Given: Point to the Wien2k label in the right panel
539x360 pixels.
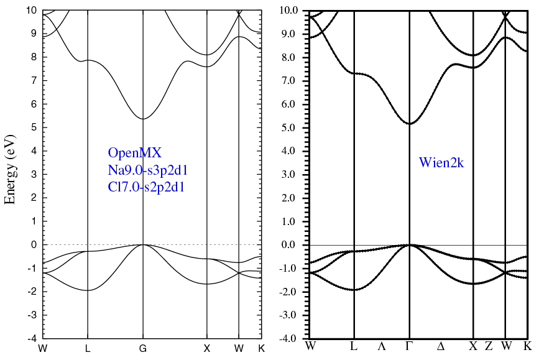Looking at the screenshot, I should tap(441, 164).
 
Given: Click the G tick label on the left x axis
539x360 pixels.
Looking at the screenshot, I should tap(143, 349).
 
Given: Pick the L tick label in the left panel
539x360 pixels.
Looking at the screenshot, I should tap(88, 349).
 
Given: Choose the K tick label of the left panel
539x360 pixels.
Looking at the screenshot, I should tap(261, 349).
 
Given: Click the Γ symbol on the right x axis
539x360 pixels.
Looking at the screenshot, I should tap(410, 346).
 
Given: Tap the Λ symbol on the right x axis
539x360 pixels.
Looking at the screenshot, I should tap(382, 346).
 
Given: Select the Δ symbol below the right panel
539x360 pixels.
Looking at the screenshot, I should tap(441, 346).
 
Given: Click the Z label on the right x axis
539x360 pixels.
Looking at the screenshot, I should tap(489, 346).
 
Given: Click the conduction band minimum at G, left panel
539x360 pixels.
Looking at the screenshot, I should tap(143, 119).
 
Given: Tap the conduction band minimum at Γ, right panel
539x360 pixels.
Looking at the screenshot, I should tap(410, 123).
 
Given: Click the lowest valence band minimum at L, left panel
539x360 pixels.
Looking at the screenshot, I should tap(88, 290).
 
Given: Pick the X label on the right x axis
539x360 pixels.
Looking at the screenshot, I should tap(474, 346).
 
